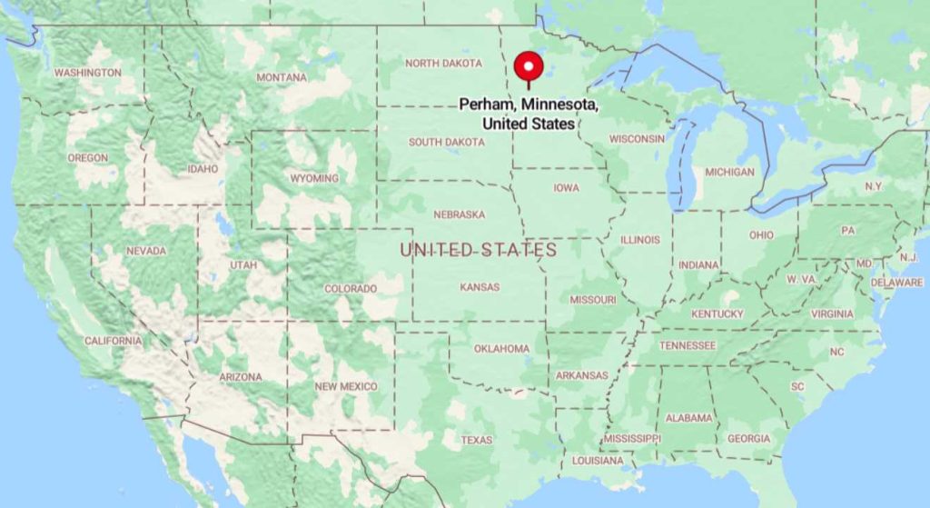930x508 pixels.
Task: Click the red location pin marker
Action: (529, 67)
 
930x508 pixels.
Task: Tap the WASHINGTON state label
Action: (87, 73)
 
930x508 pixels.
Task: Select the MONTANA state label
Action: (282, 77)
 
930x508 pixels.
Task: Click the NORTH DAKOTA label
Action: (444, 64)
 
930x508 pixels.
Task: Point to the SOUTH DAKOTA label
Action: (446, 142)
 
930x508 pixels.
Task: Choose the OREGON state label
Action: (87, 158)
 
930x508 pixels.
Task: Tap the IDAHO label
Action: (203, 169)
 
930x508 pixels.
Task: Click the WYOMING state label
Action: (314, 178)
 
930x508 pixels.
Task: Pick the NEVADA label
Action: (146, 251)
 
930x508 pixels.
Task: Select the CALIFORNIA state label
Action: (114, 341)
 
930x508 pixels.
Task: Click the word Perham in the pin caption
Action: (481, 105)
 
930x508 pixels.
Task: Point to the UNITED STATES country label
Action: (479, 249)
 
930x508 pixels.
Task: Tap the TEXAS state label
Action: (476, 440)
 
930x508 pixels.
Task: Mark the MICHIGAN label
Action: (729, 172)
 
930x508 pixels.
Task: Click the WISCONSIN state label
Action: (637, 139)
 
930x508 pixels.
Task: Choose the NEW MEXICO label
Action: (345, 387)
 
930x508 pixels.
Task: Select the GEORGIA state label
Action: (748, 439)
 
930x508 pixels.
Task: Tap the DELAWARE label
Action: (896, 283)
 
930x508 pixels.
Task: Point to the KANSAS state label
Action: (480, 287)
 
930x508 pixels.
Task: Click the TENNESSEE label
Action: (687, 345)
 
